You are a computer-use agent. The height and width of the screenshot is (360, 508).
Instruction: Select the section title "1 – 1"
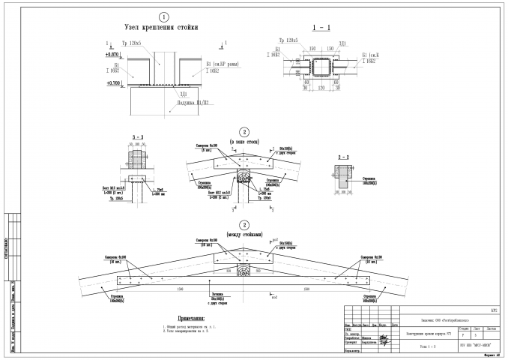click(315, 26)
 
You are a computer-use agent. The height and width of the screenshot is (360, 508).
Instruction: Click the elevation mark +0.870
click(113, 55)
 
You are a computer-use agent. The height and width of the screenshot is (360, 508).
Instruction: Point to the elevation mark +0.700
click(113, 82)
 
